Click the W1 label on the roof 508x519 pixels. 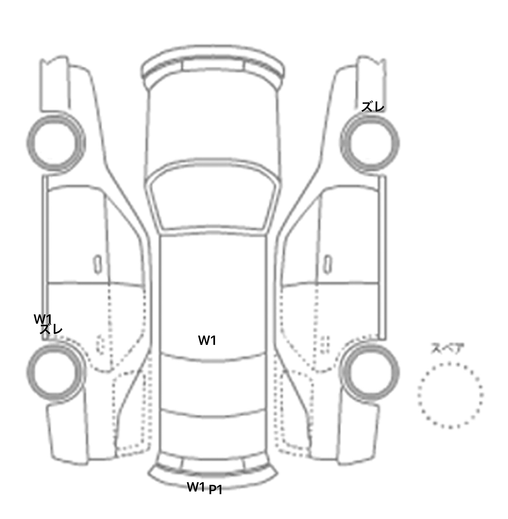(x=207, y=340)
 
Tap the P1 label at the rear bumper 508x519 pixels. (x=215, y=490)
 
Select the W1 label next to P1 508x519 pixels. (x=196, y=487)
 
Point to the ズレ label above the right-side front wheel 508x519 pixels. (x=373, y=107)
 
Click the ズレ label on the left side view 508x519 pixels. (x=51, y=329)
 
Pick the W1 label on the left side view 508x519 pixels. (x=43, y=319)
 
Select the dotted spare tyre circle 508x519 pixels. (x=450, y=363)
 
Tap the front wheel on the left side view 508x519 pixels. (x=56, y=116)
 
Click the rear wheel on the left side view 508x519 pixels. (x=56, y=343)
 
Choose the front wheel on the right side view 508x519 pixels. (x=370, y=116)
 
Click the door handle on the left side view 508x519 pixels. (x=97, y=264)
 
